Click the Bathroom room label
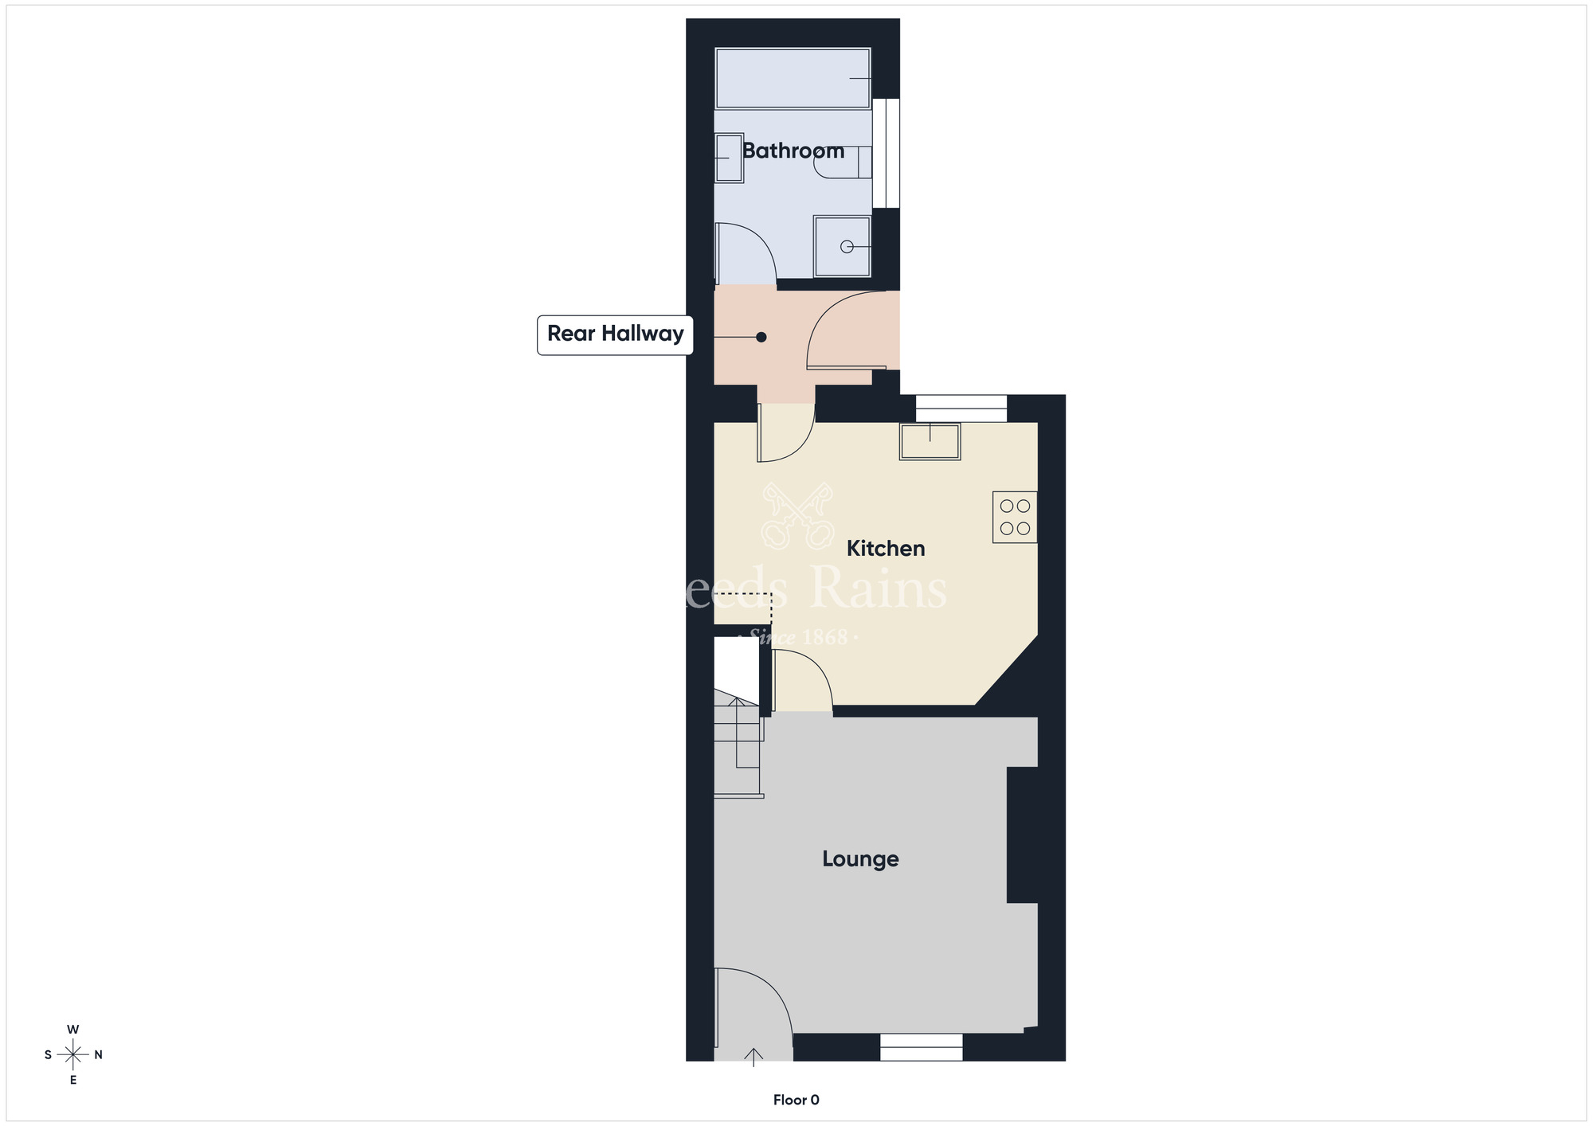pos(793,151)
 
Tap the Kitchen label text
pos(885,548)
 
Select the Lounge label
pos(860,858)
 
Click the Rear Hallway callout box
pos(615,334)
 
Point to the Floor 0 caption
pos(796,1100)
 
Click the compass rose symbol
pos(73,1055)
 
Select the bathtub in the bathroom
pos(793,78)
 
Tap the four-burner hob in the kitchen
pos(1015,518)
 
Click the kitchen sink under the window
pos(930,441)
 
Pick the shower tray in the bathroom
pos(842,247)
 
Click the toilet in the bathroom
pos(843,162)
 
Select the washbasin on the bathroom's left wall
pos(728,158)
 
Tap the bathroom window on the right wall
pos(886,153)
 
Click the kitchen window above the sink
pos(961,409)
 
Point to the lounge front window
pos(921,1047)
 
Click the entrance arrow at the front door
pos(753,1058)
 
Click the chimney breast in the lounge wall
pos(1023,835)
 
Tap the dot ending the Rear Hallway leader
pos(761,338)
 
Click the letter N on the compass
pos(99,1055)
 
